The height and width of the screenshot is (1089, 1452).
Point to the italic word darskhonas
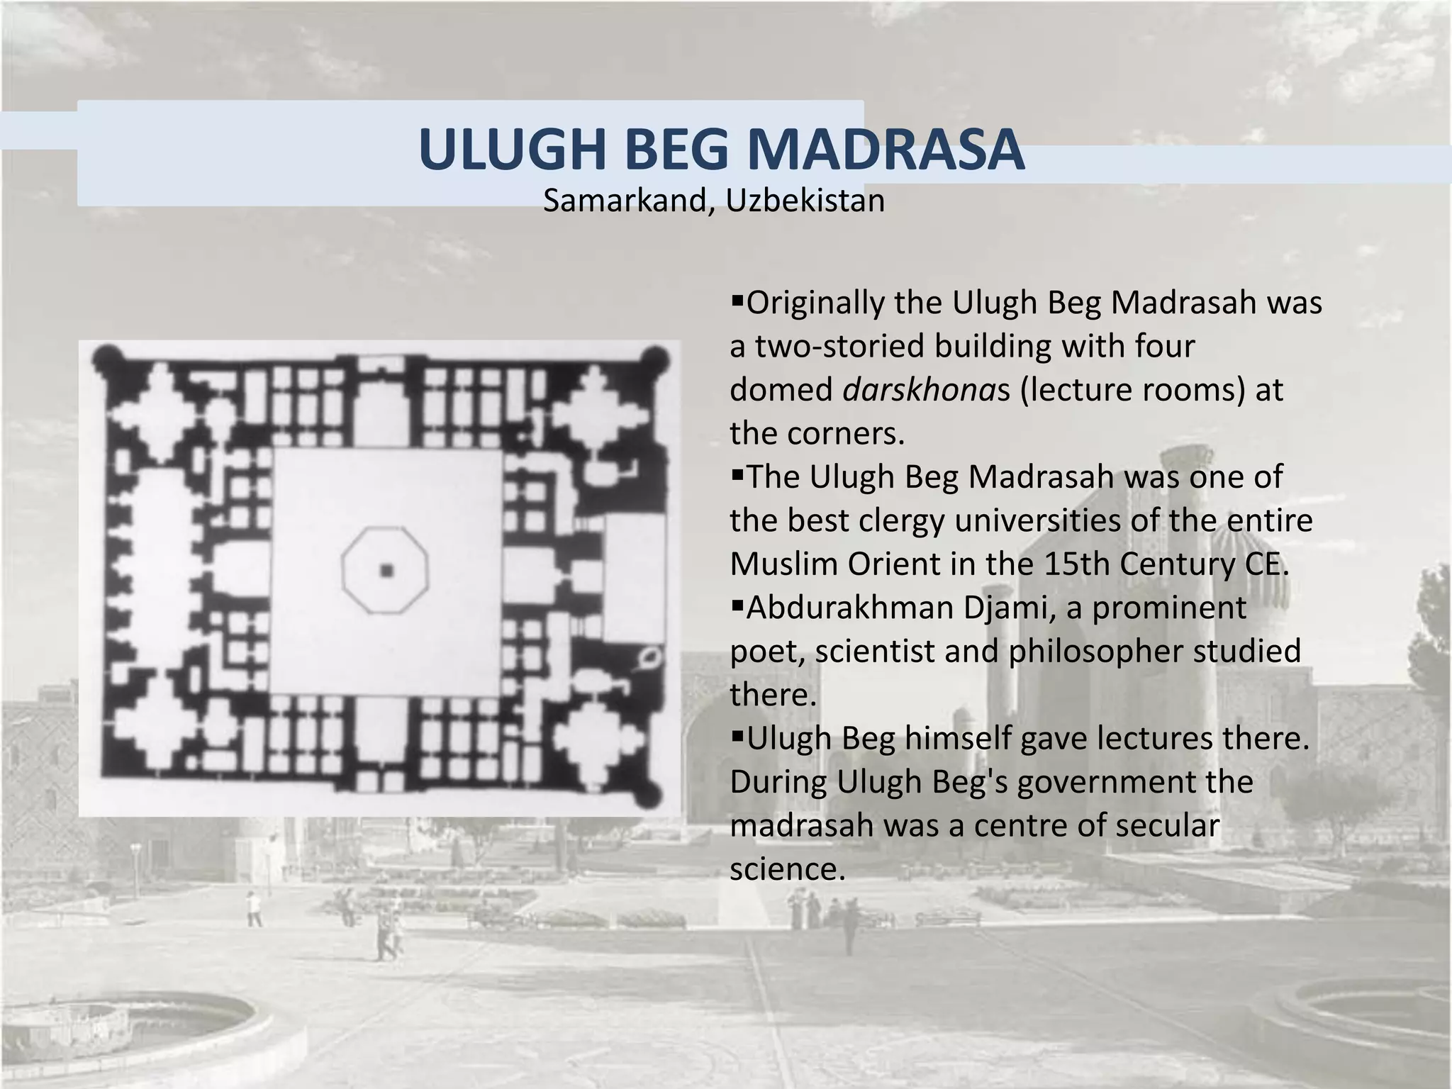[x=926, y=390]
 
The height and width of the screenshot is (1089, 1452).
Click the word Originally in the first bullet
[x=816, y=303]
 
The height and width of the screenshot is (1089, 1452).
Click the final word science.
[x=787, y=869]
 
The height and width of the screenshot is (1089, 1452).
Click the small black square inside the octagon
[x=386, y=570]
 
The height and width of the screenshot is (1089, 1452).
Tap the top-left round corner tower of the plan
[x=107, y=359]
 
